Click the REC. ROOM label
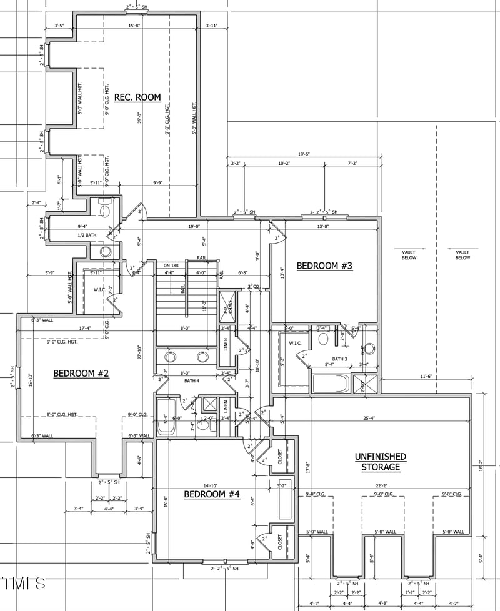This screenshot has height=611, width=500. (x=137, y=97)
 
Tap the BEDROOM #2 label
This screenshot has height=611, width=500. (x=81, y=374)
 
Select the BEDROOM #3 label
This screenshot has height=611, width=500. (x=324, y=266)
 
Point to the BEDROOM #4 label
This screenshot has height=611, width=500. (x=212, y=495)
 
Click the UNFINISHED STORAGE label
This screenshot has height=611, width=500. (x=381, y=462)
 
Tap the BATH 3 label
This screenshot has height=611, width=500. (x=339, y=359)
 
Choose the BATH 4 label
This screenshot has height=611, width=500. (x=191, y=380)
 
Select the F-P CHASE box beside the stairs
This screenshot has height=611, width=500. (x=227, y=305)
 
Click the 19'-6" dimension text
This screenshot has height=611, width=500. (x=304, y=154)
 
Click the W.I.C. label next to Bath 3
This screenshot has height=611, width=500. (x=295, y=343)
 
